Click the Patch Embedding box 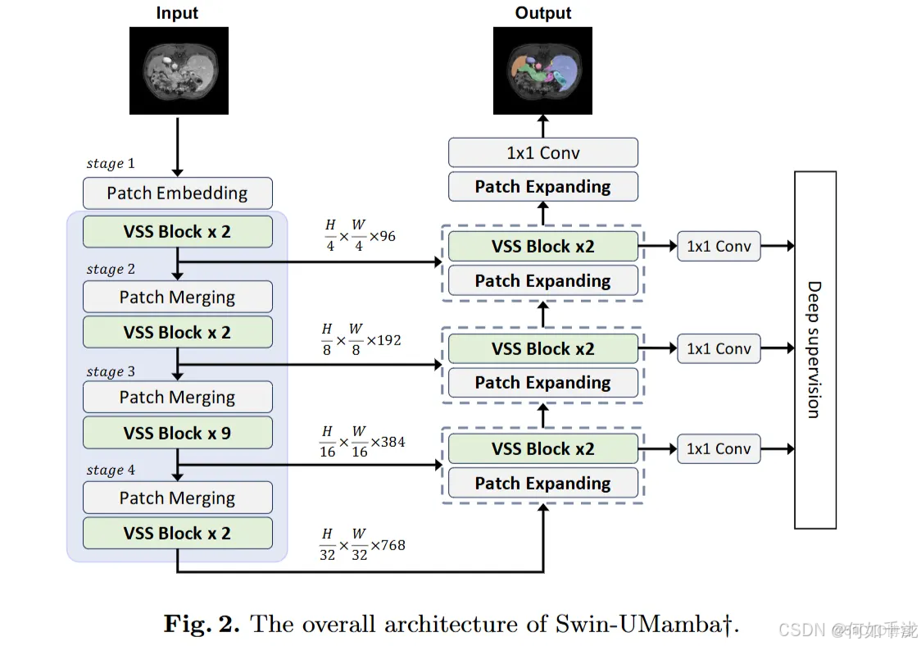(x=177, y=193)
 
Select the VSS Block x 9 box (x=177, y=433)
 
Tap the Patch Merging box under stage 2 (x=177, y=297)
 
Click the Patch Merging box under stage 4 (x=177, y=498)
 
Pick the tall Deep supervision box (x=814, y=350)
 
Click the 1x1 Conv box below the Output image (x=542, y=152)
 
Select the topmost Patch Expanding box (x=542, y=187)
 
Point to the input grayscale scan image (x=178, y=71)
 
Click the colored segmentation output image (x=542, y=71)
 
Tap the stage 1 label (x=111, y=164)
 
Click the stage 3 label (x=111, y=371)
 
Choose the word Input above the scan (x=178, y=13)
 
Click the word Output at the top (x=542, y=13)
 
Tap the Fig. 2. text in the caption (x=202, y=624)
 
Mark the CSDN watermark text (x=800, y=630)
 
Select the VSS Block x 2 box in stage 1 (x=177, y=232)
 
